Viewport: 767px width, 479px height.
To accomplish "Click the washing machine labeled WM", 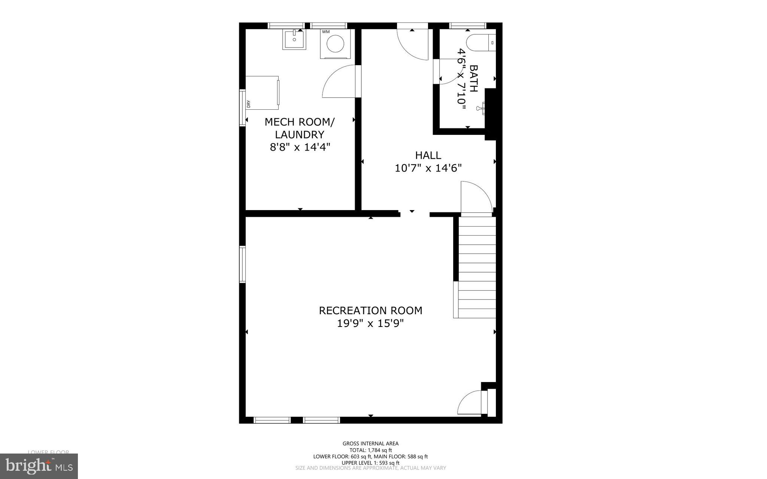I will point(335,44).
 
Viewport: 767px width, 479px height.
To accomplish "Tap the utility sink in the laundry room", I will point(294,40).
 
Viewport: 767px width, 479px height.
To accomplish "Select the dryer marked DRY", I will point(262,93).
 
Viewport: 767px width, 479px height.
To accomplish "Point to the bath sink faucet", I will point(480,109).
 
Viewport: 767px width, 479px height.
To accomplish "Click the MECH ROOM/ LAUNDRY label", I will point(300,128).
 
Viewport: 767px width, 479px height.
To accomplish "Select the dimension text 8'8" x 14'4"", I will point(300,147).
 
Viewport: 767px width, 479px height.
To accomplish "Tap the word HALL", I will point(428,155).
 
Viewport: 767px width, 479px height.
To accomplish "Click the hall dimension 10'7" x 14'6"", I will point(428,168).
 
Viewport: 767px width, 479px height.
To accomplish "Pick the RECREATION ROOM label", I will point(370,310).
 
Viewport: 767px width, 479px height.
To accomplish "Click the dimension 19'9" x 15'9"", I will point(370,323).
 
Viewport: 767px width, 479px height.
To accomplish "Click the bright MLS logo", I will point(39,466).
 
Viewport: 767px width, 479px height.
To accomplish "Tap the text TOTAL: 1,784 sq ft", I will point(370,450).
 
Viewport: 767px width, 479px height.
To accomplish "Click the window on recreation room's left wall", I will point(242,264).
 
